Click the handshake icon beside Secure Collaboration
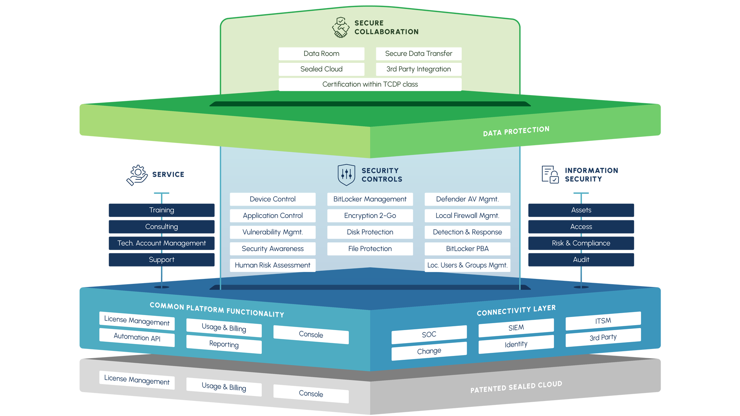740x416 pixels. [341, 27]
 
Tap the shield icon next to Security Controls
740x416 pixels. [346, 175]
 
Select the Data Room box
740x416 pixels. [321, 54]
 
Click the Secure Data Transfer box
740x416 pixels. [419, 54]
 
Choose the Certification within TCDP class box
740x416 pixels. [370, 84]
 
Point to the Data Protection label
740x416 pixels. [516, 131]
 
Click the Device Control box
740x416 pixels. [272, 199]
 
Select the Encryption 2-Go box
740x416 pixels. [370, 216]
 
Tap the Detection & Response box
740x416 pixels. [467, 232]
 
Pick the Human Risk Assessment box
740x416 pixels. [272, 265]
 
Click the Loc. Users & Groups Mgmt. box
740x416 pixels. [467, 265]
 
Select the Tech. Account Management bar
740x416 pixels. [161, 243]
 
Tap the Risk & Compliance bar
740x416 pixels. [581, 243]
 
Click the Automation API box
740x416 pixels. [137, 337]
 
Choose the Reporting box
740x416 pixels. [224, 344]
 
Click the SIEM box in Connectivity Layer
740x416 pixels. [516, 328]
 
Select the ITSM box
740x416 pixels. [603, 321]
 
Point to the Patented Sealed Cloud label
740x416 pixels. [516, 387]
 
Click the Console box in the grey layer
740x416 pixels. [311, 394]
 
